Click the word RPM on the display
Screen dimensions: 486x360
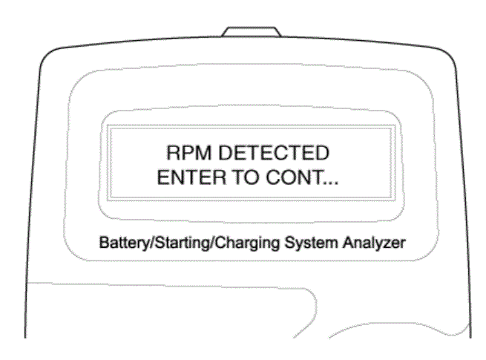189,153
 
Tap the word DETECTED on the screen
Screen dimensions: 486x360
274,153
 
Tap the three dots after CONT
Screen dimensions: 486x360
330,183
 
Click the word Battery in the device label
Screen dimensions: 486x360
124,243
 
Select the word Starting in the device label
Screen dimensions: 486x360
182,243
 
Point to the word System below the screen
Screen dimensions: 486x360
311,243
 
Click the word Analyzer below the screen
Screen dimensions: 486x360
374,243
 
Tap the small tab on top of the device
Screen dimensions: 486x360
252,32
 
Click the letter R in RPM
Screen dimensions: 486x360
174,153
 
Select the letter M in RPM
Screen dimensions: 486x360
203,153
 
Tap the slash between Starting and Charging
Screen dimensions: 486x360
212,243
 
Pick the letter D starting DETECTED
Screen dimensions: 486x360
226,153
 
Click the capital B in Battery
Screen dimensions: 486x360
104,243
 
